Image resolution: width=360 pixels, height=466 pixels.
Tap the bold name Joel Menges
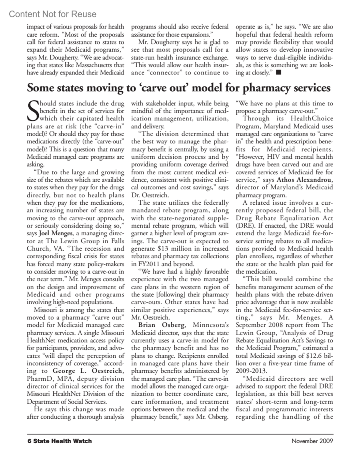[56, 233]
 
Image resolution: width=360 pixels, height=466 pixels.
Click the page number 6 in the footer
[29, 441]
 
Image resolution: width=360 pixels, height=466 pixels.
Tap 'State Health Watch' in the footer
[62, 441]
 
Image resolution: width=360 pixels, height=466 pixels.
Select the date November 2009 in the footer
[312, 441]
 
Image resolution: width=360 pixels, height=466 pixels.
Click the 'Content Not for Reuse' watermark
[53, 14]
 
